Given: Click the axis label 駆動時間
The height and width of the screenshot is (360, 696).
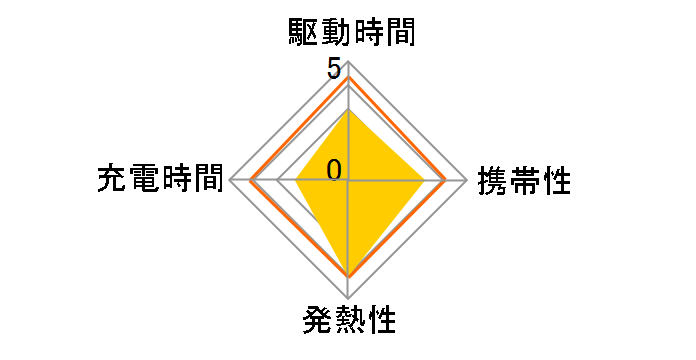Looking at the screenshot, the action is click(x=348, y=34).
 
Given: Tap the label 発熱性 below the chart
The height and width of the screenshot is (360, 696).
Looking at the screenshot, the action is click(x=348, y=322).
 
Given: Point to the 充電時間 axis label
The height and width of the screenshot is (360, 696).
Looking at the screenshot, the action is click(x=160, y=179).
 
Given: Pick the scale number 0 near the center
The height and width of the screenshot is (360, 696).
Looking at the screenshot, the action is click(x=334, y=169).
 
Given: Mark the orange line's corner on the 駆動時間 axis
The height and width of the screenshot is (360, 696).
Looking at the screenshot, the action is click(x=348, y=77).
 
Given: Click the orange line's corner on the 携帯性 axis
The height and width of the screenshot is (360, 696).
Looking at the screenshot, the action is click(x=445, y=181).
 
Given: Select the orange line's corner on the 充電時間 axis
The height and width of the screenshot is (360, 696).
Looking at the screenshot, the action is click(x=250, y=181).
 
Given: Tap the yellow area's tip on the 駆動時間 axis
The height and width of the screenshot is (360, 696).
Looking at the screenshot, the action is click(x=348, y=109).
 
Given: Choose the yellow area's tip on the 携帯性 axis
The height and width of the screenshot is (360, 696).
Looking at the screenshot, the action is click(x=424, y=181).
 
